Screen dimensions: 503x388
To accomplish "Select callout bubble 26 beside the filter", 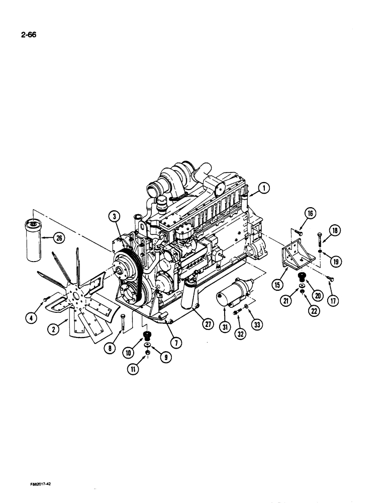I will (x=115, y=217).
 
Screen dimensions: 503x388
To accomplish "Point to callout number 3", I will (x=115, y=217).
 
